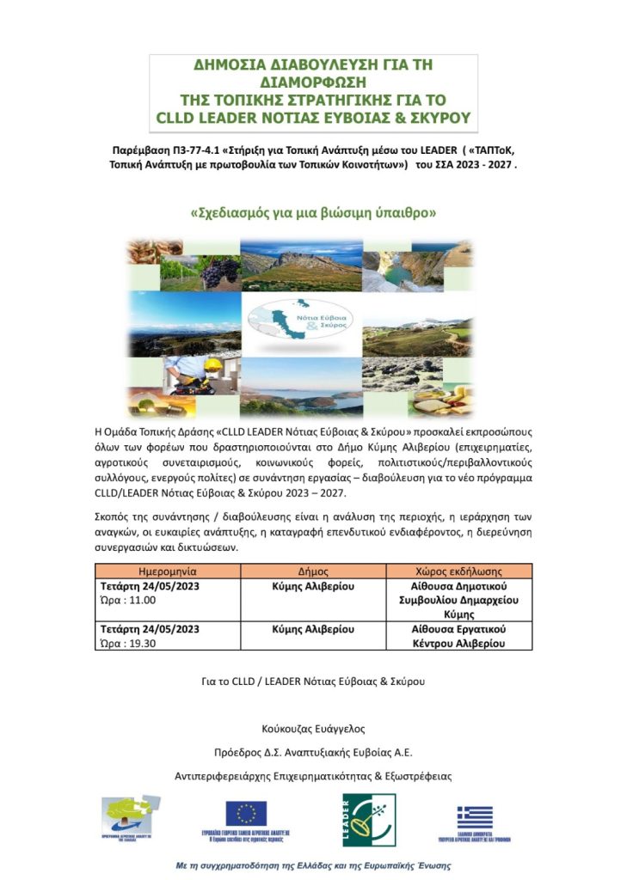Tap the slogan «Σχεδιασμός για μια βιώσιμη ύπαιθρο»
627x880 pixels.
tap(313, 210)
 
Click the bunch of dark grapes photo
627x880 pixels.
tap(220, 273)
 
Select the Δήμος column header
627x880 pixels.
tap(313, 571)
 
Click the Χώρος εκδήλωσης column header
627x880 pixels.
tap(458, 571)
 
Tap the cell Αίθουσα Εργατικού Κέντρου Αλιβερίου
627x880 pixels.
tap(458, 636)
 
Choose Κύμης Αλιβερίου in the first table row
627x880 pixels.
tap(313, 586)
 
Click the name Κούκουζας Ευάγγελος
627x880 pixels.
tap(313, 729)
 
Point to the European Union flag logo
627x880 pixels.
tap(246, 812)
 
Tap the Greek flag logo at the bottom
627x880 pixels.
tap(475, 816)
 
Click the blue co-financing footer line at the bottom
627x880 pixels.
tap(313, 865)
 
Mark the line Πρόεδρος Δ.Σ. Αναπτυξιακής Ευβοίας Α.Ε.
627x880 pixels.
tap(313, 752)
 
